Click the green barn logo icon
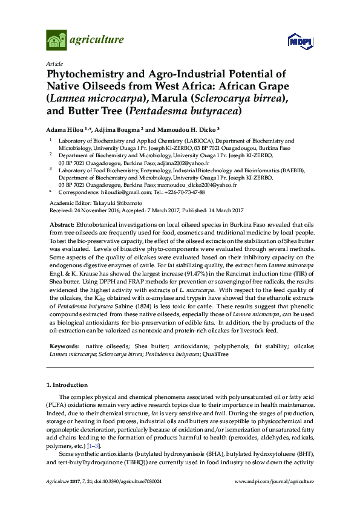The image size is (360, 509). tap(56, 41)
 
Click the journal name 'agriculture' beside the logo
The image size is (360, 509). tap(97, 41)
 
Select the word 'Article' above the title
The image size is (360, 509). tap(54, 63)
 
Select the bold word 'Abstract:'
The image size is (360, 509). tap(61, 224)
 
